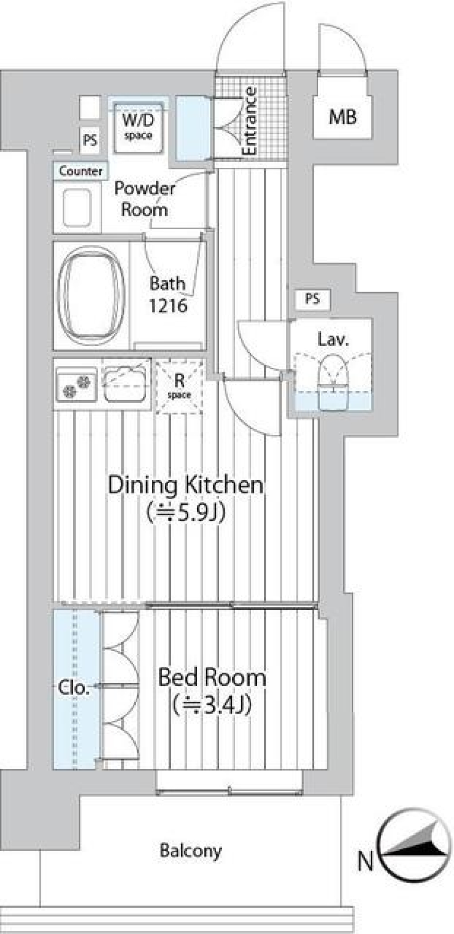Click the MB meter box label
point(343,117)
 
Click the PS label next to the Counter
point(90,140)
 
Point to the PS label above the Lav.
point(312,299)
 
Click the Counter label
point(81,171)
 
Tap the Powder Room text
point(144,199)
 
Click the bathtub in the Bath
point(91,295)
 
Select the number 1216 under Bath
point(168,306)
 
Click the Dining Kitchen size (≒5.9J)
point(185,512)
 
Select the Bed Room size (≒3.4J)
point(211,705)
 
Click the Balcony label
point(191,850)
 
